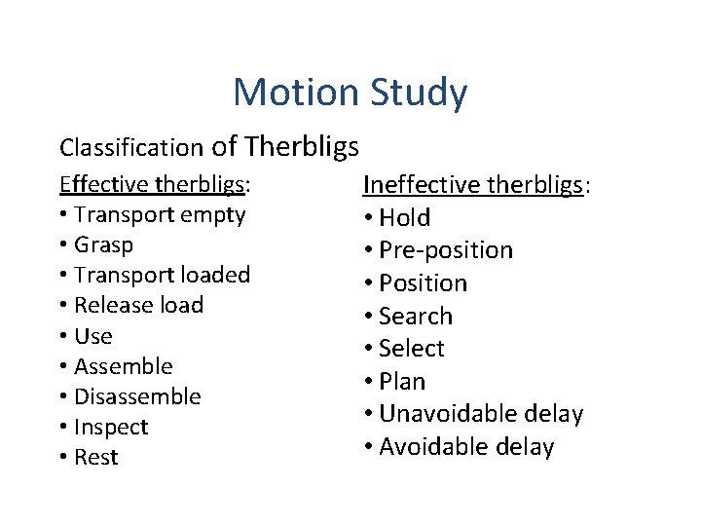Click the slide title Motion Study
click(350, 93)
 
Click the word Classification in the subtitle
click(130, 148)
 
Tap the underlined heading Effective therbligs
click(154, 185)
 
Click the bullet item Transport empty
click(160, 214)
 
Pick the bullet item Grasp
click(103, 244)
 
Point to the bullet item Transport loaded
click(162, 275)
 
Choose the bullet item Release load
click(138, 305)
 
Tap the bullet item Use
click(93, 336)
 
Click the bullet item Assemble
click(123, 366)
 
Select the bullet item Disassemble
click(137, 396)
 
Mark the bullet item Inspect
click(111, 427)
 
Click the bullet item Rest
click(95, 458)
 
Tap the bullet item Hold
click(404, 217)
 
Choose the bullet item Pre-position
click(445, 250)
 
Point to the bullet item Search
click(416, 316)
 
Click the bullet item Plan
click(402, 381)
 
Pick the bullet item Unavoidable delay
click(481, 414)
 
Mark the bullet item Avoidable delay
click(466, 447)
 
